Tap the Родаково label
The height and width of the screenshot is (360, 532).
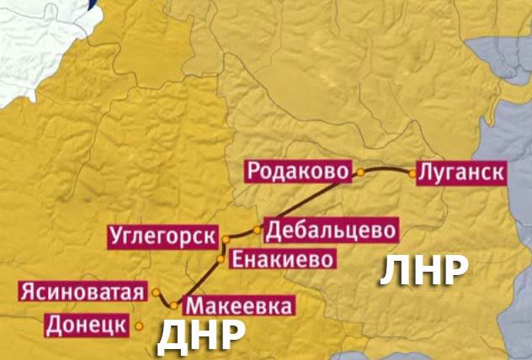[x=297, y=171]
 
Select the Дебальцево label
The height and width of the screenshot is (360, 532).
[x=329, y=229]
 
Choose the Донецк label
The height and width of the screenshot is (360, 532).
[x=87, y=324]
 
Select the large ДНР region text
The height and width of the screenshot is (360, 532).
[x=201, y=337]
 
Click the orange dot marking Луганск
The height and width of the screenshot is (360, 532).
[x=412, y=173]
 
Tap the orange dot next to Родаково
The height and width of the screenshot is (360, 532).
[x=359, y=172]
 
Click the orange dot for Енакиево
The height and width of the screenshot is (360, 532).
[x=221, y=258]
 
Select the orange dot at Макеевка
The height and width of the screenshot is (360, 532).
[x=175, y=305]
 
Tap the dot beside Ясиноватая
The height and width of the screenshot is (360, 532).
[x=157, y=292]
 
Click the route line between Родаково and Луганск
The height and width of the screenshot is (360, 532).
[x=386, y=168]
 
